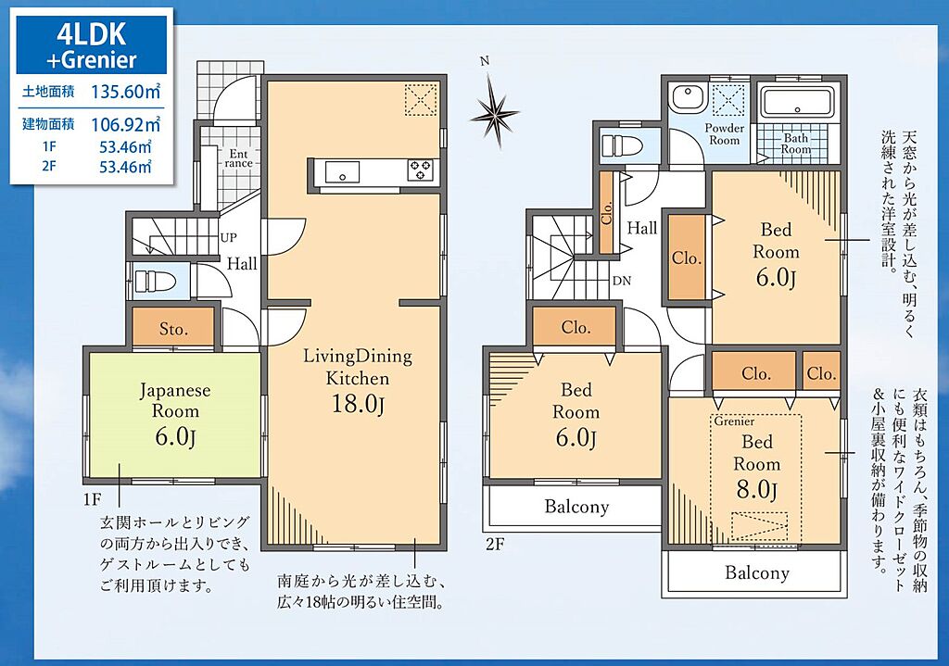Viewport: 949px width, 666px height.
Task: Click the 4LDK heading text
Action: pos(92,35)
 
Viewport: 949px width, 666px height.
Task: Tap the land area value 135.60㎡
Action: pos(126,92)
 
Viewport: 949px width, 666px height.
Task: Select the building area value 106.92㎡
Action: pos(126,125)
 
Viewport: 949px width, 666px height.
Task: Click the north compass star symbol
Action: pos(495,113)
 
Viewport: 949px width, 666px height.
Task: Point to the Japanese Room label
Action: pos(175,400)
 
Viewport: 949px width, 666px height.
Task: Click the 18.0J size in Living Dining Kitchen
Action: pos(358,404)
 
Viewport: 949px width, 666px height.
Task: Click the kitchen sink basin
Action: pos(343,171)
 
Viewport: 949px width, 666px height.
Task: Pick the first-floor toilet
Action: pos(155,282)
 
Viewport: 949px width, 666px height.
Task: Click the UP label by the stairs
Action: pos(228,238)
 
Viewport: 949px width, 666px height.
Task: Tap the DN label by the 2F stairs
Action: pos(622,281)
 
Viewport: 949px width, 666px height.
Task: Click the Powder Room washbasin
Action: pos(686,98)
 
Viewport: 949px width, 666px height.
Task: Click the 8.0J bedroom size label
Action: pos(756,489)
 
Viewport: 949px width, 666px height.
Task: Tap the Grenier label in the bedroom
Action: pos(734,421)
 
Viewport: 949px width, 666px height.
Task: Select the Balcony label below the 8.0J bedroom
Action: pos(757,572)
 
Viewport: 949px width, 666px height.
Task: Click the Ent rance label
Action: pos(238,158)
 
